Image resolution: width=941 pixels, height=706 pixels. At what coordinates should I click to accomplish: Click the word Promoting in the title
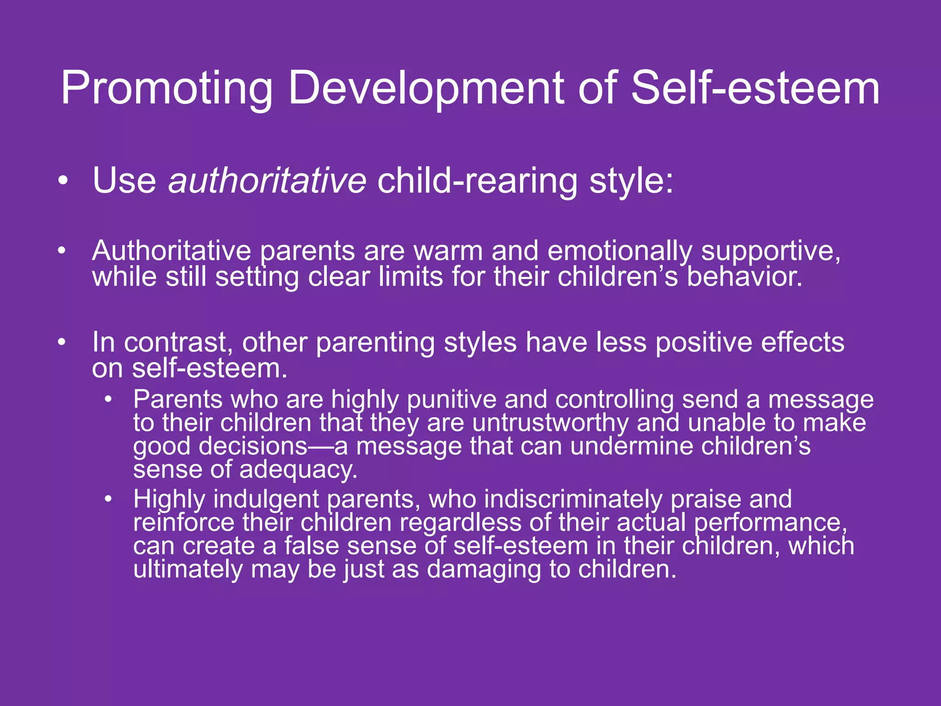[166, 88]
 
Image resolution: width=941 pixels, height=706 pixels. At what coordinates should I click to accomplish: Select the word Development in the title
[425, 88]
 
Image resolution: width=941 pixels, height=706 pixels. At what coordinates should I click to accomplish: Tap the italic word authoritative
[267, 180]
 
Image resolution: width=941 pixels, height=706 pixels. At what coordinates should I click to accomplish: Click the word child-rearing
[477, 181]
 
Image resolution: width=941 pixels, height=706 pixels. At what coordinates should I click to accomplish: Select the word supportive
[771, 252]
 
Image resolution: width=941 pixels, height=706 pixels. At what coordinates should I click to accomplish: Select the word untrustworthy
[550, 423]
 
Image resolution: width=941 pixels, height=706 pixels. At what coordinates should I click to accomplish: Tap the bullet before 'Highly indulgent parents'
[108, 499]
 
